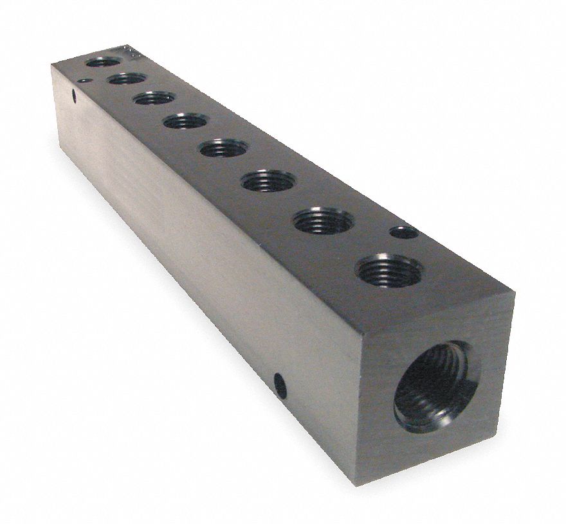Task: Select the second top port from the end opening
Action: (x=323, y=222)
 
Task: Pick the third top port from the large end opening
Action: (x=268, y=180)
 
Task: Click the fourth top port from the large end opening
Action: (x=223, y=148)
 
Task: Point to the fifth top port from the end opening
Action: (x=185, y=120)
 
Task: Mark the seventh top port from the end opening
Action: (x=126, y=78)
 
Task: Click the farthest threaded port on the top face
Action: (x=103, y=62)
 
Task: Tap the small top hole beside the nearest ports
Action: (x=405, y=232)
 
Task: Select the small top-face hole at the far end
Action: (x=84, y=81)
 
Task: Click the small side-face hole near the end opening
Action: (x=278, y=381)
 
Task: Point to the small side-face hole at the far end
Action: (x=73, y=99)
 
